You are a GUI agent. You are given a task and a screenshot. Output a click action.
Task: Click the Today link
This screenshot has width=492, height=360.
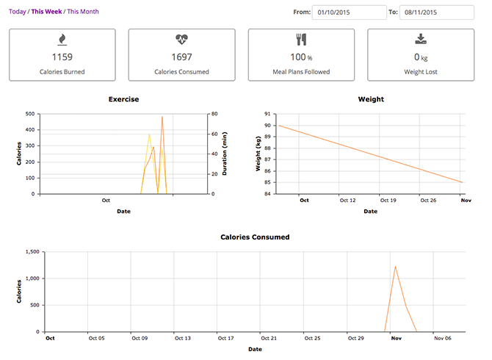point(18,12)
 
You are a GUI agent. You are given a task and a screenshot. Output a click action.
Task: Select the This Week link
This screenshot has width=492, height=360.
point(46,12)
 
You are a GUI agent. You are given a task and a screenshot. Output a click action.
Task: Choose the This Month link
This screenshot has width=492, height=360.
point(83,12)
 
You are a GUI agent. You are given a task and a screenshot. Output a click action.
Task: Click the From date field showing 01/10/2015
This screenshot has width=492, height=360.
point(350,12)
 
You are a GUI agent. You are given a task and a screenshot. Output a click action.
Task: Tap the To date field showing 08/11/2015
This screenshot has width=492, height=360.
point(436,12)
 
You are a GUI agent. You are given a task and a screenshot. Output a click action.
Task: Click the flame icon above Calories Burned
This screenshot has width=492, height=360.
point(62,40)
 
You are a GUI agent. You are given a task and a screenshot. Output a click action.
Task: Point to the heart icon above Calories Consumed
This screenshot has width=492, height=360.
point(181,39)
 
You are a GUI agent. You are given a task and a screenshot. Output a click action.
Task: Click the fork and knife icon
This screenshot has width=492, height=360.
point(301,40)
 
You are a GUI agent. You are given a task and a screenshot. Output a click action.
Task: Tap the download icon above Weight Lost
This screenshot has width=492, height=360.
point(421,39)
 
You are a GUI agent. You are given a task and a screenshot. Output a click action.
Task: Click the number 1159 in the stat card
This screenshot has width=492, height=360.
point(62,57)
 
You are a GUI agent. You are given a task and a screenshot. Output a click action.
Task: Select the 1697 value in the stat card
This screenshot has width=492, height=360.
point(181,57)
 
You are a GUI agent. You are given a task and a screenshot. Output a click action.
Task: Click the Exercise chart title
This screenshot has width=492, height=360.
point(123,99)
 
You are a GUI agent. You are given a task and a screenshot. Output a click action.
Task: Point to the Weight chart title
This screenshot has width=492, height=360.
point(371,99)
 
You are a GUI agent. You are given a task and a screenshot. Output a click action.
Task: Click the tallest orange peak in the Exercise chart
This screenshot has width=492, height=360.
point(162,117)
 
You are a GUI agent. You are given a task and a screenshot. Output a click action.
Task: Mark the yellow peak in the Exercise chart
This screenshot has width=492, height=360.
point(149,134)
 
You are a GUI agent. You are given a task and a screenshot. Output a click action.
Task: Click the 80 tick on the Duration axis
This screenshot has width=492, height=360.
point(214,114)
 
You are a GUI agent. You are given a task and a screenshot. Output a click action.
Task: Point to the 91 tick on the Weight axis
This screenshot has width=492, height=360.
point(267,114)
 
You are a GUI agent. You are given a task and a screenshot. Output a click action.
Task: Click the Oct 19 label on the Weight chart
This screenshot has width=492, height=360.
point(388,201)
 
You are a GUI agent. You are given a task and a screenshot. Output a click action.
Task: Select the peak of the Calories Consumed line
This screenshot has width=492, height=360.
point(395,267)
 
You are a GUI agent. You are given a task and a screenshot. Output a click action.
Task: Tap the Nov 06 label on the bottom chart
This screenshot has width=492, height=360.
point(442,339)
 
